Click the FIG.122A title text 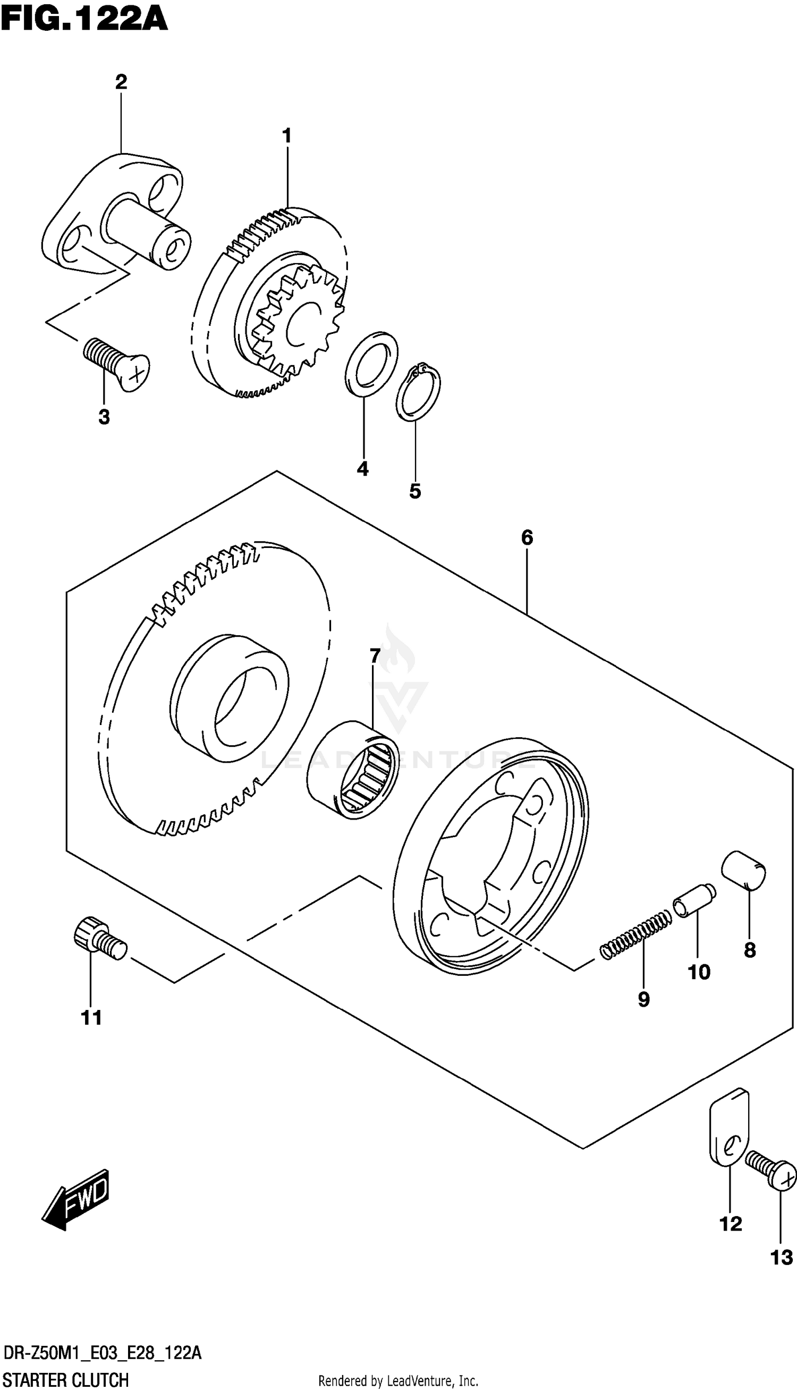tap(83, 20)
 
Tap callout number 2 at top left tap(121, 82)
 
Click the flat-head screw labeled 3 tap(116, 364)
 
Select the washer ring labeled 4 tap(372, 363)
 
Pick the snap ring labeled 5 tap(418, 392)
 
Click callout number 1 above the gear tap(286, 135)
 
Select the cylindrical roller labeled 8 tap(743, 872)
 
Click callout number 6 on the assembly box tap(526, 537)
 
